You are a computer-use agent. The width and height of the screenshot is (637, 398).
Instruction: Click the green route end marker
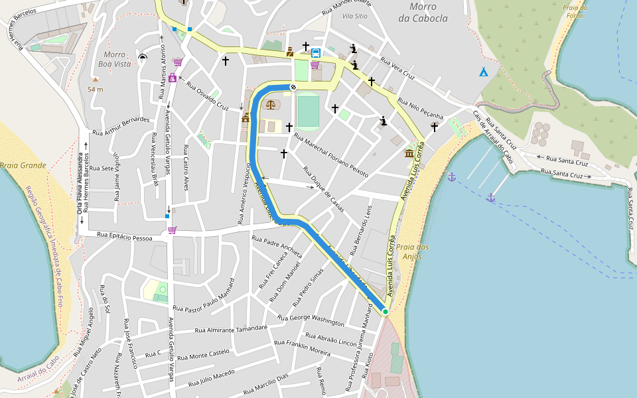coord(385,311)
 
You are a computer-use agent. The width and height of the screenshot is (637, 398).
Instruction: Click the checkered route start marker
coord(293,87)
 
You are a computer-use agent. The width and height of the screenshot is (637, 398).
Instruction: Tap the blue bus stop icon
coord(316,52)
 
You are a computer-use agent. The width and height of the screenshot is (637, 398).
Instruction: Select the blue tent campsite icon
coord(484,71)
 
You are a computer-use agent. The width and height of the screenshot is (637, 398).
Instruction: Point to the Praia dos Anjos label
coord(413,251)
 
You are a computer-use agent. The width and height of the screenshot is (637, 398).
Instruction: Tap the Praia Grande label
coord(23,165)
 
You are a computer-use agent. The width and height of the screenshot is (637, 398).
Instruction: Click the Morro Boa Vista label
coord(117,59)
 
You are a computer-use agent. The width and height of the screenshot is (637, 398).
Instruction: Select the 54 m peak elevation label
coord(96,89)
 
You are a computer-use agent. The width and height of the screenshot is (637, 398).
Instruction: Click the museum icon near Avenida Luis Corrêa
coord(409,154)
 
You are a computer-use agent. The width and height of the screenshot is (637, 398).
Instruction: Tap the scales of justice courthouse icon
coord(271,104)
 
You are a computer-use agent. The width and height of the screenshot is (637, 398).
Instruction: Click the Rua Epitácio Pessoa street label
coord(124,235)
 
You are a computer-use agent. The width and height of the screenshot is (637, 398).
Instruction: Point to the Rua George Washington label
coord(311,320)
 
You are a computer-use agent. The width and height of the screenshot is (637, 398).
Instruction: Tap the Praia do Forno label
coord(574,12)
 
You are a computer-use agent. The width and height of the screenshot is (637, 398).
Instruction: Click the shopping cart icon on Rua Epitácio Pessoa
coord(173,230)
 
